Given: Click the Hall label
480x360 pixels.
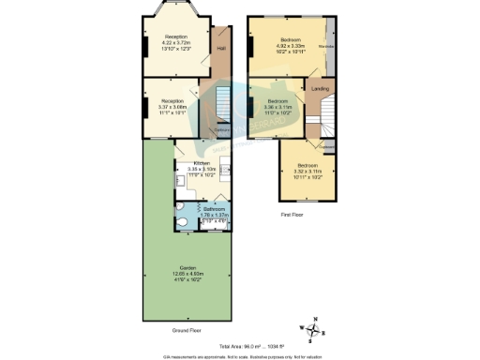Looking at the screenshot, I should pyautogui.click(x=222, y=48).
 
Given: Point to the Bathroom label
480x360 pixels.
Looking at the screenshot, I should pyautogui.click(x=202, y=209).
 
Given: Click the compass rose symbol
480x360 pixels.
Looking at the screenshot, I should pyautogui.click(x=315, y=328).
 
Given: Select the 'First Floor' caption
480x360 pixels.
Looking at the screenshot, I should pyautogui.click(x=293, y=214).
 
